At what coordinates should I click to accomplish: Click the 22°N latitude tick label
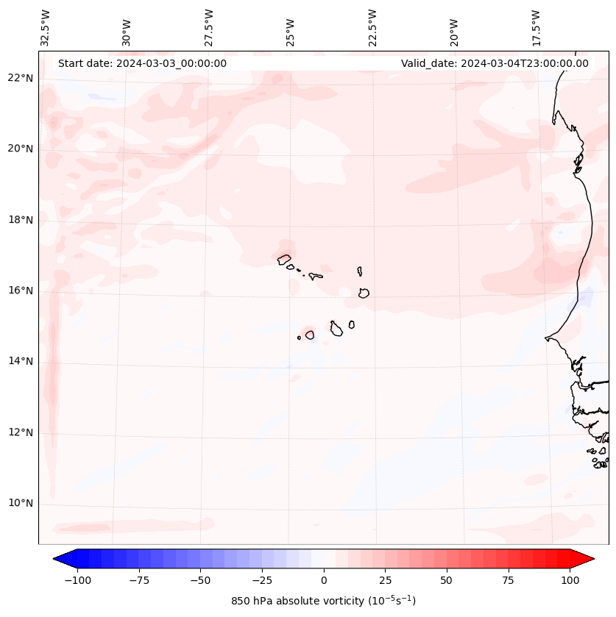pyautogui.click(x=21, y=78)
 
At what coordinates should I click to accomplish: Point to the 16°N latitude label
pyautogui.click(x=21, y=290)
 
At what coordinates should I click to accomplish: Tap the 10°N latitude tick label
pyautogui.click(x=21, y=504)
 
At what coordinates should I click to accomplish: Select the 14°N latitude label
pyautogui.click(x=21, y=361)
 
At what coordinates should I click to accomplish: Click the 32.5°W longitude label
pyautogui.click(x=46, y=28)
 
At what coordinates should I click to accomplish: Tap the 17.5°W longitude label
pyautogui.click(x=536, y=28)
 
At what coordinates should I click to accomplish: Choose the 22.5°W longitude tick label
pyautogui.click(x=372, y=28)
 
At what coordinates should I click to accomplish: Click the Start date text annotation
pyautogui.click(x=142, y=63)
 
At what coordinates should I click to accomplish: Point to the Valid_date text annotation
pyautogui.click(x=495, y=63)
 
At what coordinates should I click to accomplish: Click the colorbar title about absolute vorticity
pyautogui.click(x=323, y=601)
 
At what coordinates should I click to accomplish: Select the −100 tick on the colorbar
pyautogui.click(x=77, y=580)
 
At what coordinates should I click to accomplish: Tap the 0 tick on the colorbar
pyautogui.click(x=323, y=580)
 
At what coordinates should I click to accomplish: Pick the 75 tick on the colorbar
pyautogui.click(x=508, y=580)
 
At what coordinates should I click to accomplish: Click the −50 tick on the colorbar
pyautogui.click(x=200, y=580)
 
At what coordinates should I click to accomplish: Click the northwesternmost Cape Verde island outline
pyautogui.click(x=284, y=259)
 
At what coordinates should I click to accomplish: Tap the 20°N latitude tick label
pyautogui.click(x=21, y=149)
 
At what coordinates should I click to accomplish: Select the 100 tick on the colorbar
pyautogui.click(x=570, y=580)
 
